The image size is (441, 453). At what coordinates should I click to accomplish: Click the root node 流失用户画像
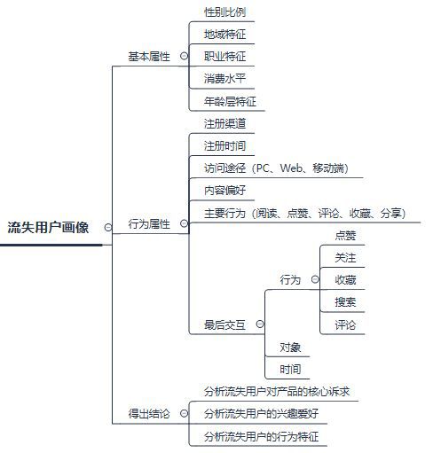click(48, 227)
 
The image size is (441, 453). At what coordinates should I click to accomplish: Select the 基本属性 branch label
click(149, 56)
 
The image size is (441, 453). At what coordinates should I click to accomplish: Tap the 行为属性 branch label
click(149, 223)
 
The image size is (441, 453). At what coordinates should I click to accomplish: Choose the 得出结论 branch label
click(149, 413)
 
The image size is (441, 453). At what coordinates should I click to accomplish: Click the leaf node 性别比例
click(224, 12)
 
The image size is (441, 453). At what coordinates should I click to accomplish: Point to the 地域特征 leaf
click(224, 35)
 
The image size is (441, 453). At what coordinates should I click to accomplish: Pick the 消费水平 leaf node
click(224, 79)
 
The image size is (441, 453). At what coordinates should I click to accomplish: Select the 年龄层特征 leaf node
click(230, 101)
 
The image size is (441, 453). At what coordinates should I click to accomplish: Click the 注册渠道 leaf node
click(224, 123)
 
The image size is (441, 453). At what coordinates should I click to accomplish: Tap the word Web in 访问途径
click(291, 168)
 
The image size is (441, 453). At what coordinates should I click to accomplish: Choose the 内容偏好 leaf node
click(224, 191)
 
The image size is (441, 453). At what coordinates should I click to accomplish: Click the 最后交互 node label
click(224, 324)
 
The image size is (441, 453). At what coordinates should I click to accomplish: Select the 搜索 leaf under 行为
click(345, 302)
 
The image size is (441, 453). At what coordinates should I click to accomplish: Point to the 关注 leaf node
click(345, 257)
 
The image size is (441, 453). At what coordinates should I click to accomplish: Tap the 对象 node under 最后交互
click(290, 348)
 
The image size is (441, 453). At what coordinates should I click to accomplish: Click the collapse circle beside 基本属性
click(184, 56)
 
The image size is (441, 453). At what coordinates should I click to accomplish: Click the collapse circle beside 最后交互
click(260, 324)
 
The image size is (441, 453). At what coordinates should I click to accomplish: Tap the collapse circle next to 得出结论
click(184, 413)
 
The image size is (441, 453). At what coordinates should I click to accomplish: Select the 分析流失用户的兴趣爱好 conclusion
click(261, 413)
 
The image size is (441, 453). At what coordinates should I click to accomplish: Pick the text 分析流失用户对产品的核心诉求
click(277, 392)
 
